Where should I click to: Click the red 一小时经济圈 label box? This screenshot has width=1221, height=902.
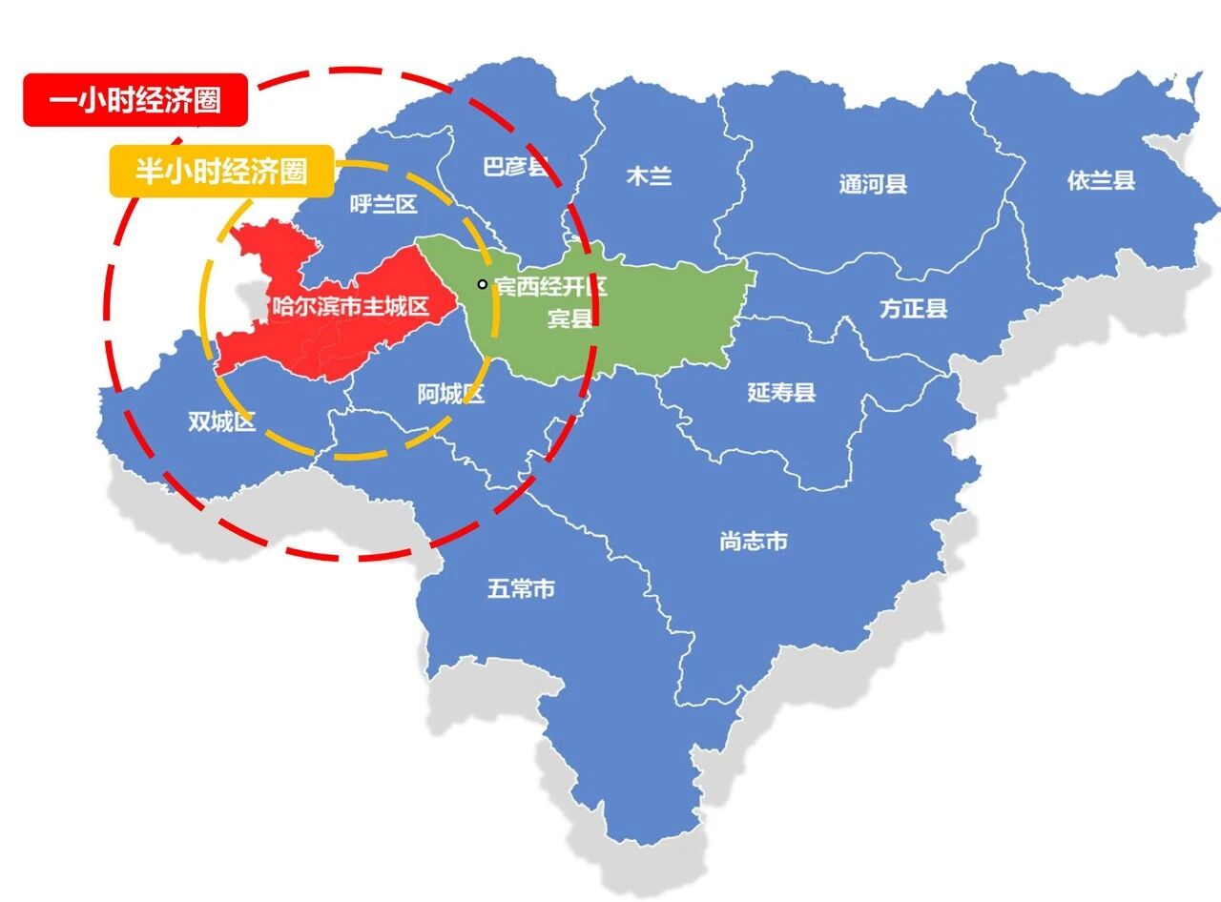[x=135, y=99]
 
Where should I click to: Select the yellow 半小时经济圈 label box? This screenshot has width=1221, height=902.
[x=220, y=171]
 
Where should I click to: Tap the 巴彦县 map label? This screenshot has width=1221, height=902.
[x=516, y=168]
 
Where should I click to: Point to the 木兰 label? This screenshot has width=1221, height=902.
[x=649, y=176]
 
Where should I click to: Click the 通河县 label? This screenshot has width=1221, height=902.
[x=873, y=184]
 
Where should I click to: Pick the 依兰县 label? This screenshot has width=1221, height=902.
[x=1101, y=180]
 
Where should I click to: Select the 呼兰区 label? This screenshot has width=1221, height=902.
[x=383, y=204]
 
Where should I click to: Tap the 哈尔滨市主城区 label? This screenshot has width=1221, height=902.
[x=350, y=307]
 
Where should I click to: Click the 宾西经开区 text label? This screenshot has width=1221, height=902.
[x=550, y=285]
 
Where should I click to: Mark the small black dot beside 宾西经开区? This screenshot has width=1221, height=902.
[x=483, y=283]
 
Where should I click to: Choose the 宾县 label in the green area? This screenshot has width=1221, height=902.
[x=569, y=318]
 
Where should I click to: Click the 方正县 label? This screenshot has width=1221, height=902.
[x=913, y=308]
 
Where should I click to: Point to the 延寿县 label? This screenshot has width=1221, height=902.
[x=781, y=392]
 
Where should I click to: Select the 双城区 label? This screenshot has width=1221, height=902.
[x=221, y=421]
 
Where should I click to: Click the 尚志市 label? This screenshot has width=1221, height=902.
[x=754, y=541]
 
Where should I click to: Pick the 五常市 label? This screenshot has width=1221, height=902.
[x=521, y=589]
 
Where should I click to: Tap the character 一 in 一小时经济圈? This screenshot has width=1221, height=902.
[x=63, y=100]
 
